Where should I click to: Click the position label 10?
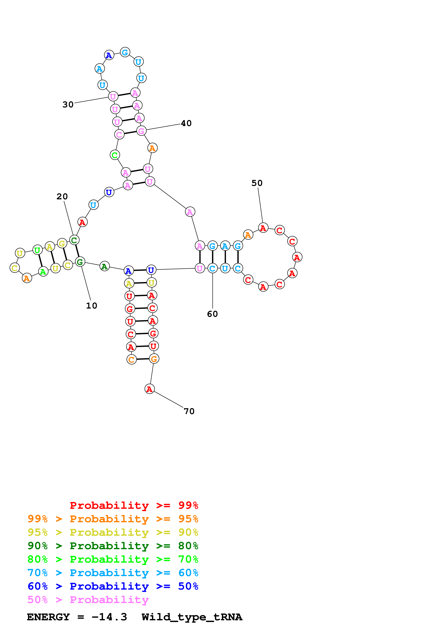coord(91,306)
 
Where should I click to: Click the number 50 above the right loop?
coord(257,183)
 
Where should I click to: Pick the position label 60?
coord(213,314)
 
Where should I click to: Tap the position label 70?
coord(189,411)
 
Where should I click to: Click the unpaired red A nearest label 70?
coord(149,389)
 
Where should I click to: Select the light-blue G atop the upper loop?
coord(125,52)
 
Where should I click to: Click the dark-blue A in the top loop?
coord(109,55)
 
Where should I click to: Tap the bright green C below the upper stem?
coord(115,155)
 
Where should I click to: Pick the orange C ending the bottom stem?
coord(131,360)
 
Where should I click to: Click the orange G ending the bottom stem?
coord(154,359)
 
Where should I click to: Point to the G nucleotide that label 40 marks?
coord(141,131)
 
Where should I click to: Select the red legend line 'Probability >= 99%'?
coord(134,505)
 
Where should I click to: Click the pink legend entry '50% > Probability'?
coord(88,600)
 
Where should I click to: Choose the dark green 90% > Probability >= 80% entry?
coord(113,546)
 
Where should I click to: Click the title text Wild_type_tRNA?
coord(192,617)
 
